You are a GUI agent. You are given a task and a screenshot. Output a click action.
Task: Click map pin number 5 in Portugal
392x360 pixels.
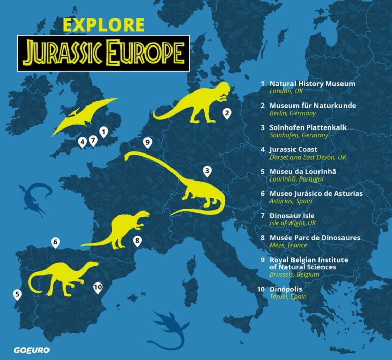(17, 294)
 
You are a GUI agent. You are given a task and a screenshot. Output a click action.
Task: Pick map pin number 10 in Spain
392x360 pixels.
(98, 288)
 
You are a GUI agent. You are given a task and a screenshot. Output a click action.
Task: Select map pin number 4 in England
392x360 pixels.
(82, 141)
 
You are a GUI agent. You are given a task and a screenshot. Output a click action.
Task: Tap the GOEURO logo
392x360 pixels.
(27, 351)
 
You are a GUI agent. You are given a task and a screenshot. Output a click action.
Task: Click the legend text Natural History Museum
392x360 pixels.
(312, 83)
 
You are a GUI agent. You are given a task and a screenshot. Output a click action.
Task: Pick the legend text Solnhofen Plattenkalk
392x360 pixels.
(308, 127)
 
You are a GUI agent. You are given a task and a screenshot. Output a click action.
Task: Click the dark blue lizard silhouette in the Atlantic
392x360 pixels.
(33, 196)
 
